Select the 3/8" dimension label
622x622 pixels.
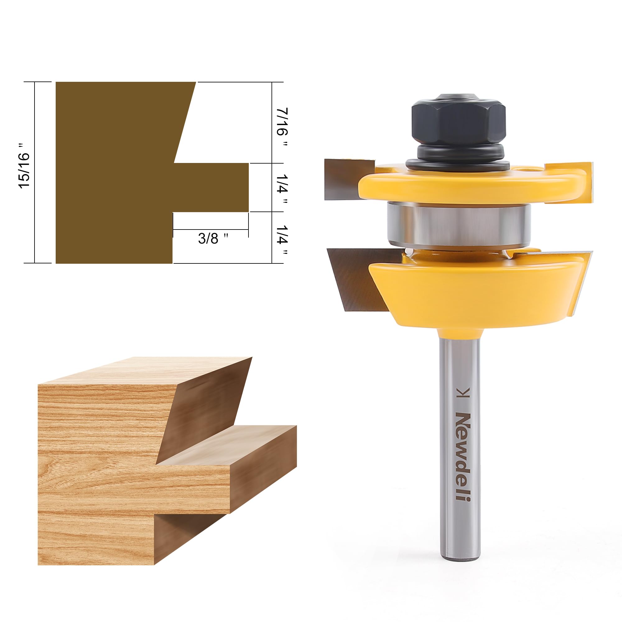[213, 239]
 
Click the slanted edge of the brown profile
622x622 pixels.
[185, 122]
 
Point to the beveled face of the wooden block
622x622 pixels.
[206, 409]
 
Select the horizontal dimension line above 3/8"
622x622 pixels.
[211, 230]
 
